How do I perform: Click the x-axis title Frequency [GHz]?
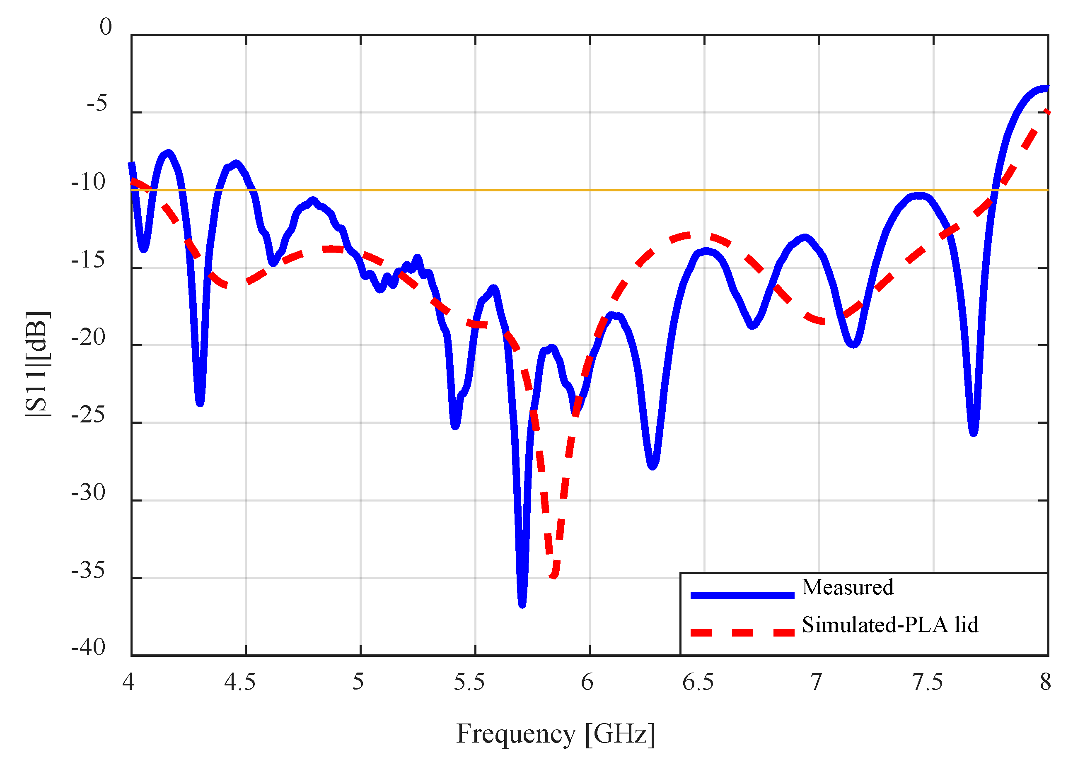(555, 734)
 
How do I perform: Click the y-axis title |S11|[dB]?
(38, 364)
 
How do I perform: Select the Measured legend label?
(847, 588)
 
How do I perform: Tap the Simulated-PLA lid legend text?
(889, 625)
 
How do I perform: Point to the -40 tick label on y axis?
(88, 647)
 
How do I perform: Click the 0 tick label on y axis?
(105, 27)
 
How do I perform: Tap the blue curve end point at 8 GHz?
(1047, 88)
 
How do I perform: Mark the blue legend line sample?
(742, 596)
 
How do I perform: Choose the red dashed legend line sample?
(742, 633)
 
